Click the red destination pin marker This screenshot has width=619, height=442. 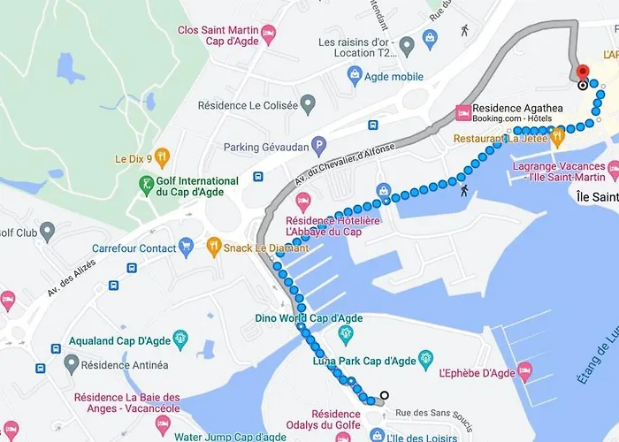(x=582, y=72)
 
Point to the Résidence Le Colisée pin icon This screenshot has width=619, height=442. (x=308, y=105)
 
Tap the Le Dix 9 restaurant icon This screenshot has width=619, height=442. (x=162, y=159)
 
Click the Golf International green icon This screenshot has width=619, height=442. (x=146, y=187)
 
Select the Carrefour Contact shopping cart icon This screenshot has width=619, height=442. (x=185, y=248)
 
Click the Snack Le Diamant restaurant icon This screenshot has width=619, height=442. (x=213, y=248)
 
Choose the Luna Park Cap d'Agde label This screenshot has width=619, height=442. (x=363, y=361)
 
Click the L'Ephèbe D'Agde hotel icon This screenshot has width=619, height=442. (x=523, y=370)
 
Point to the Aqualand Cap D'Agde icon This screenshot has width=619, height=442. (x=180, y=337)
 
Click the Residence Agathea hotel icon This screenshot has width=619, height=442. (x=462, y=112)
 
